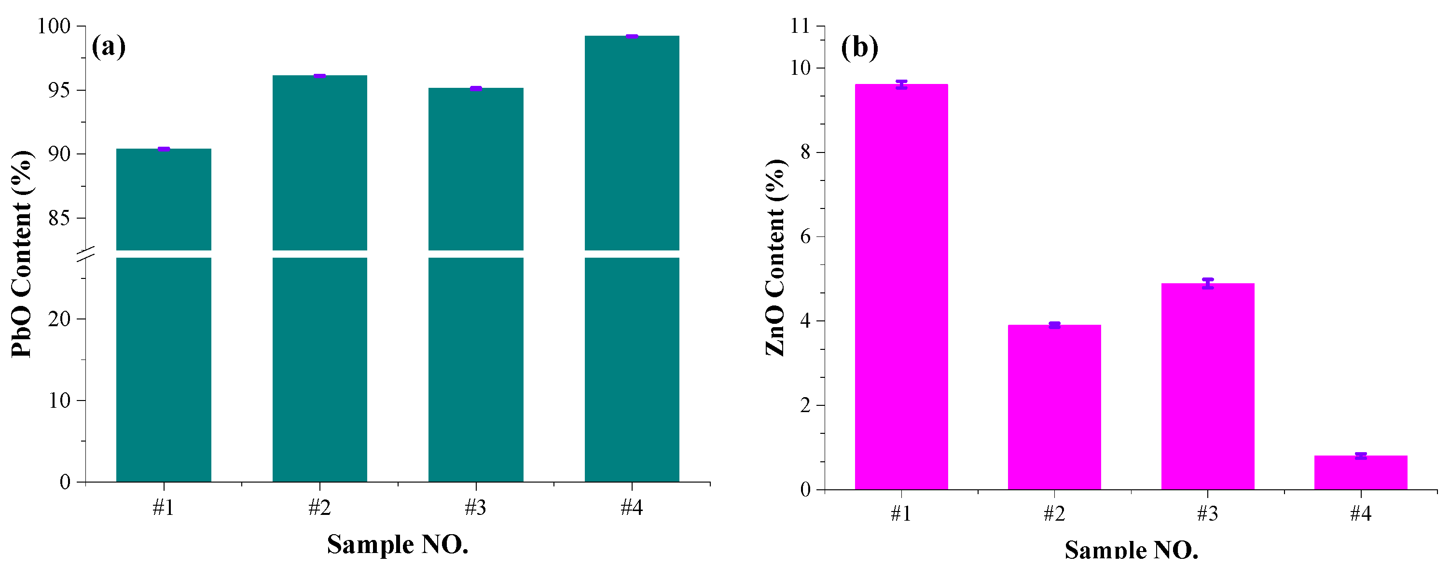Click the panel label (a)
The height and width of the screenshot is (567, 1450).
[108, 47]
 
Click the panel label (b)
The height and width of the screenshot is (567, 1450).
[859, 47]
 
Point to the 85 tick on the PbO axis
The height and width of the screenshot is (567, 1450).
[59, 218]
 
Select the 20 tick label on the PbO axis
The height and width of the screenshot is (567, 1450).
[59, 319]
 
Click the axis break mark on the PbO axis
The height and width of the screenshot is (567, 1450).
[85, 254]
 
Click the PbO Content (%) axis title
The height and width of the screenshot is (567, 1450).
[22, 253]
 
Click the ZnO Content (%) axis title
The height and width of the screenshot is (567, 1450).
[775, 257]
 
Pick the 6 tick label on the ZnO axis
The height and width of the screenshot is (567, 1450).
[805, 236]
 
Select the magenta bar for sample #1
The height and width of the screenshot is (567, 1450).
[901, 287]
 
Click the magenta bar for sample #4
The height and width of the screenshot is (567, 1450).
[1361, 473]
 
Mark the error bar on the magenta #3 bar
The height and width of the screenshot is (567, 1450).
[1207, 283]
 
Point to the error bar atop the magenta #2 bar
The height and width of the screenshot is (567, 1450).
[1054, 325]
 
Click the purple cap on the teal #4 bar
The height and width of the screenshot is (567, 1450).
[632, 37]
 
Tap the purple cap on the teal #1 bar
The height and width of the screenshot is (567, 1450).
[164, 149]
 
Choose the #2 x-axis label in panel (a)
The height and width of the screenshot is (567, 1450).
[319, 508]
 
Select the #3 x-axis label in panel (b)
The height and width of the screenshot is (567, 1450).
[1207, 513]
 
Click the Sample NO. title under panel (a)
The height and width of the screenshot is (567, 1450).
[398, 544]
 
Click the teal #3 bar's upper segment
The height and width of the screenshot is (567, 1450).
[476, 169]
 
